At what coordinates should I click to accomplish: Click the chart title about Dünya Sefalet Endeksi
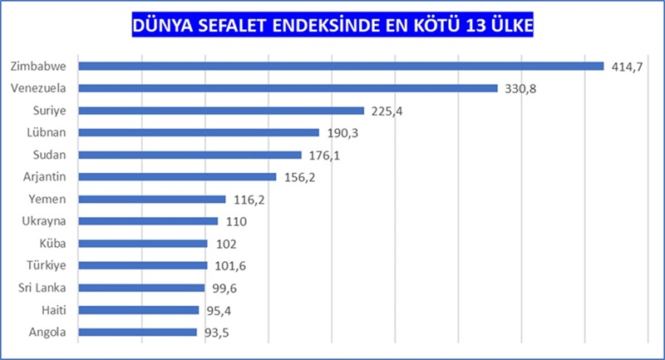click(x=332, y=26)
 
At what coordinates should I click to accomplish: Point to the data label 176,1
click(x=323, y=155)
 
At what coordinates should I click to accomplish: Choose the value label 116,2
click(x=248, y=200)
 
